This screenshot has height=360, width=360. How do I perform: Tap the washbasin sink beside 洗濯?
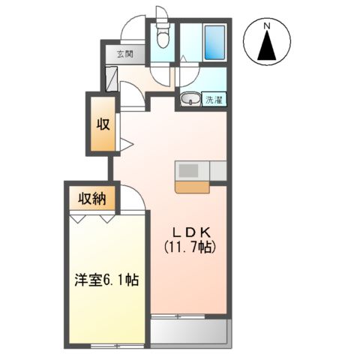[x=189, y=97]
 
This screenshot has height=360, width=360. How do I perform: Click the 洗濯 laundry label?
[x=215, y=98]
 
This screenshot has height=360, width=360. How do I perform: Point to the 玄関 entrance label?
[x=124, y=54]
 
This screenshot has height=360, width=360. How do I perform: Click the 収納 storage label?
[x=92, y=199]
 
